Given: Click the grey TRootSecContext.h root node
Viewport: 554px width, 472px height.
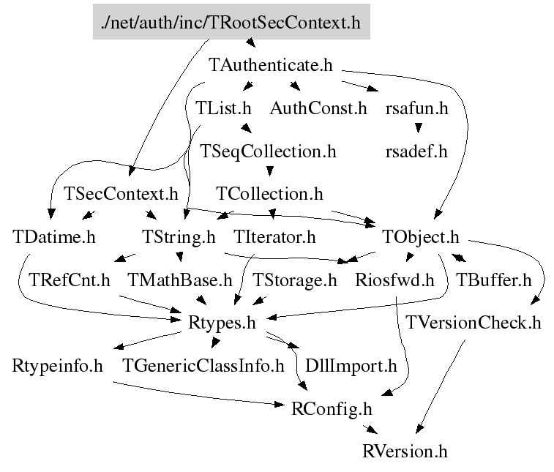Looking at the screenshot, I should tap(231, 22).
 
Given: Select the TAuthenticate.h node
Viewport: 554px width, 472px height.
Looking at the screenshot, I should tap(271, 65).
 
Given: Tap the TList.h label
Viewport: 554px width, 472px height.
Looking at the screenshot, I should tap(224, 108).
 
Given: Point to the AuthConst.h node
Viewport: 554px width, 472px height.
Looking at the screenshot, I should tap(318, 108).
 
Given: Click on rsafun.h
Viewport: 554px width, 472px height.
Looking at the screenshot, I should tap(416, 108).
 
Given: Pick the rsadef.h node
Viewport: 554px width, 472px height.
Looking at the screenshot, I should tap(416, 151).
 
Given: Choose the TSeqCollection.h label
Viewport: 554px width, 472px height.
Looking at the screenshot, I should tap(268, 151).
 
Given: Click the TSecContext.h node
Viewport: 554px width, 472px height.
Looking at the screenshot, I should tap(121, 194).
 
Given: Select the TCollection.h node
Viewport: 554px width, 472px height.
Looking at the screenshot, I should tap(269, 194).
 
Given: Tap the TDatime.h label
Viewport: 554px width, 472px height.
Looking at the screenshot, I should tap(54, 237).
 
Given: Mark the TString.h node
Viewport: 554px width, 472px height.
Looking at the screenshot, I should tap(179, 237).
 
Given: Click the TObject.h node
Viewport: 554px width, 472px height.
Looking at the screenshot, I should tap(421, 237).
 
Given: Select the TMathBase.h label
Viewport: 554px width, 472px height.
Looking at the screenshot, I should tap(179, 280).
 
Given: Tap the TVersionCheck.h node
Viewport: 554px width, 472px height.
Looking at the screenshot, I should tap(473, 322).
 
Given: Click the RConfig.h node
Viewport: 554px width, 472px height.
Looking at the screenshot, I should tap(332, 408).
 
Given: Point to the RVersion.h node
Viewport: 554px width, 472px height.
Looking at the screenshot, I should tap(404, 450).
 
